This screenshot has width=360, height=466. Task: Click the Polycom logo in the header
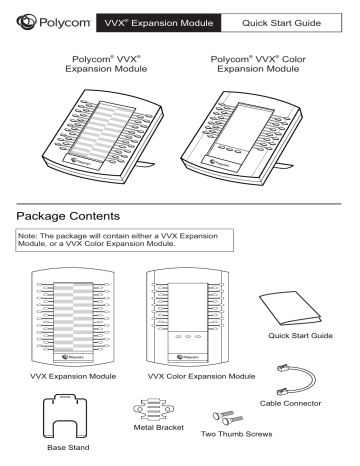(x=49, y=18)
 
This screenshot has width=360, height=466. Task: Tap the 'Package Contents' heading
(x=77, y=215)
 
